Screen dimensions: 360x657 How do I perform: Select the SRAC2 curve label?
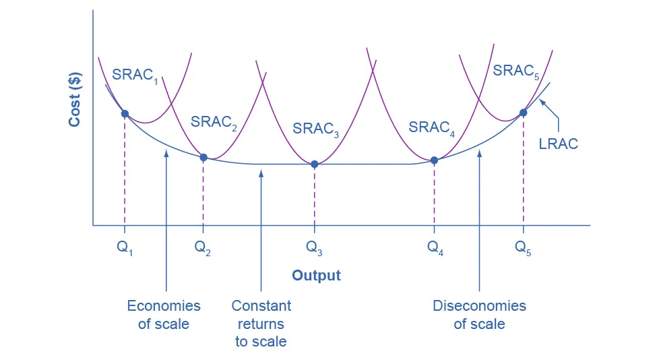pos(214,122)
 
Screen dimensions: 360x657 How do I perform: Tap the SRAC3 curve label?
pos(315,129)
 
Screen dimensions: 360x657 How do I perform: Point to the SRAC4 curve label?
pos(432,127)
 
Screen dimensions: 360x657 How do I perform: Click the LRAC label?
pos(559,144)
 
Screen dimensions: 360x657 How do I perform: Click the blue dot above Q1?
pos(125,113)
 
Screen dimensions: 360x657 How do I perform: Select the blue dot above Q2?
pos(204,157)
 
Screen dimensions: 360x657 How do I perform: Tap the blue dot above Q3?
pos(314,164)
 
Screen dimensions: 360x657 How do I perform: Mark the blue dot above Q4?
pos(434,160)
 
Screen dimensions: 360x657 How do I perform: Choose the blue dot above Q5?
pos(523,113)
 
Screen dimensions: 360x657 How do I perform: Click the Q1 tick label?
pos(125,247)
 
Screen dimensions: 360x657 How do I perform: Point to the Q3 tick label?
pos(314,247)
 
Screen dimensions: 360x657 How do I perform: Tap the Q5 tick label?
pos(523,247)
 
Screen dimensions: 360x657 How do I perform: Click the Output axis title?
pos(316,275)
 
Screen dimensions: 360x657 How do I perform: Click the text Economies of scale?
pos(164,315)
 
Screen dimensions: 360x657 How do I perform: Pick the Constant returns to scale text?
pos(261,324)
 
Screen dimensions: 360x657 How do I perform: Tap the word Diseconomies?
pos(479,306)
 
